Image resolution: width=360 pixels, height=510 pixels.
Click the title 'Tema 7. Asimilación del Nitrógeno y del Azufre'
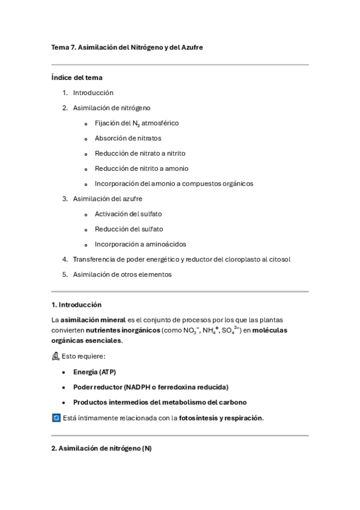(x=127, y=47)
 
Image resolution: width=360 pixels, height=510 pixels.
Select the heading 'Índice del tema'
(x=77, y=78)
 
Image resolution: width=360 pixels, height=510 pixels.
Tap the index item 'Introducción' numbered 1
(x=93, y=93)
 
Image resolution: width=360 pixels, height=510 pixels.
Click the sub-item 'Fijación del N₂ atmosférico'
(x=136, y=123)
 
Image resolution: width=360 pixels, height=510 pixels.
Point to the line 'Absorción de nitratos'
(x=128, y=138)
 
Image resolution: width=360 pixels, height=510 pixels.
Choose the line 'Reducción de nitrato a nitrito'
(x=140, y=153)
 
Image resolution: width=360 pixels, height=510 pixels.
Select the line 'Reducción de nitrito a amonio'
(x=141, y=168)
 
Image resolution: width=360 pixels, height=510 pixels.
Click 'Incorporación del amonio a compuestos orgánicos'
(x=174, y=183)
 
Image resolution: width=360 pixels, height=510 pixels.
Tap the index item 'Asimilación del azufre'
(x=108, y=198)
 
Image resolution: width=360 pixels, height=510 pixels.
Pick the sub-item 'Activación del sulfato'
(x=128, y=214)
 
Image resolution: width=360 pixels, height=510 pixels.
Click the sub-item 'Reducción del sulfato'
(x=129, y=229)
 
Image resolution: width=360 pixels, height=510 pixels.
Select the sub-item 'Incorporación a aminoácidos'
(x=140, y=244)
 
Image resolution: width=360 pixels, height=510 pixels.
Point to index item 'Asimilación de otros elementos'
(x=122, y=274)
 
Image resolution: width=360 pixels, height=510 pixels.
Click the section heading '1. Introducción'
(x=76, y=305)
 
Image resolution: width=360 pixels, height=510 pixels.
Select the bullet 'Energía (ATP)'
(x=94, y=372)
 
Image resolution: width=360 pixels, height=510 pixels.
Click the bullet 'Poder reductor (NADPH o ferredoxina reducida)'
(x=150, y=387)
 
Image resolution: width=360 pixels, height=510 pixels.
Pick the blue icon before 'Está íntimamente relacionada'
(x=56, y=417)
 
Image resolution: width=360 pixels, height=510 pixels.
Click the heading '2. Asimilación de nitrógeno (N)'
(x=102, y=448)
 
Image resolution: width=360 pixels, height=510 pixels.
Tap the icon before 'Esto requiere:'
(x=56, y=356)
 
